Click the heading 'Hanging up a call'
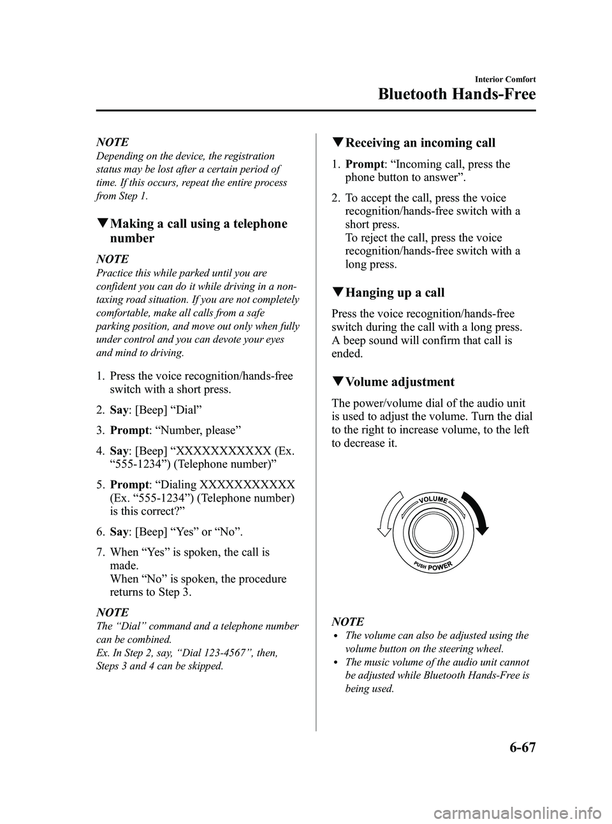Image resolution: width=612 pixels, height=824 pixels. pos(395,293)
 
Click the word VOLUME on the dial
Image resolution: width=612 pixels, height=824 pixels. pos(433,498)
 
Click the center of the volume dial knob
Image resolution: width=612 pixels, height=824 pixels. pos(432,533)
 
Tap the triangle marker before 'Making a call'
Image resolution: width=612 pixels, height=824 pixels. pos(103,224)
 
